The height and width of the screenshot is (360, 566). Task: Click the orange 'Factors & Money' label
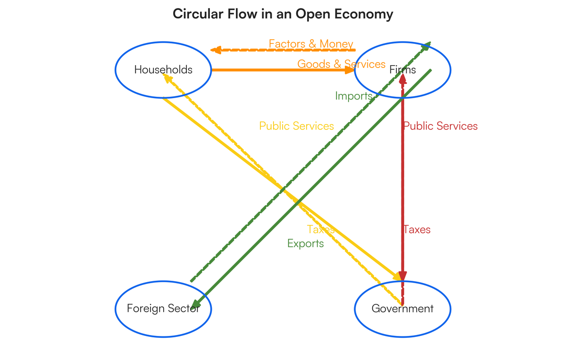tap(311, 44)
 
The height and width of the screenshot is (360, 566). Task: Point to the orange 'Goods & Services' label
tap(341, 64)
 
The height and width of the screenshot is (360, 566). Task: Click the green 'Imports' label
tap(354, 96)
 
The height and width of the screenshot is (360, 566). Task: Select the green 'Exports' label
tap(306, 243)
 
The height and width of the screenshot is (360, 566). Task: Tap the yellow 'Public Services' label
tap(297, 126)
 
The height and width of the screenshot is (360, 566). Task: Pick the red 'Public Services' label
tap(441, 126)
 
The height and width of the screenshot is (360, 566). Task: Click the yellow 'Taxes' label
tap(321, 229)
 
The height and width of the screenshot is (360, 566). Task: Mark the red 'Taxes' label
tap(417, 230)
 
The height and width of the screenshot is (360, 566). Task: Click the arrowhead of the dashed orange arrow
tap(216, 50)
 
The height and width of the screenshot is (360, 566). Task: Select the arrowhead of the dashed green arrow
tap(426, 45)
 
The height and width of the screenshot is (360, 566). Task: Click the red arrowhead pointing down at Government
tap(402, 276)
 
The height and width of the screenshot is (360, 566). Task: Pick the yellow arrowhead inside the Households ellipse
tap(166, 77)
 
